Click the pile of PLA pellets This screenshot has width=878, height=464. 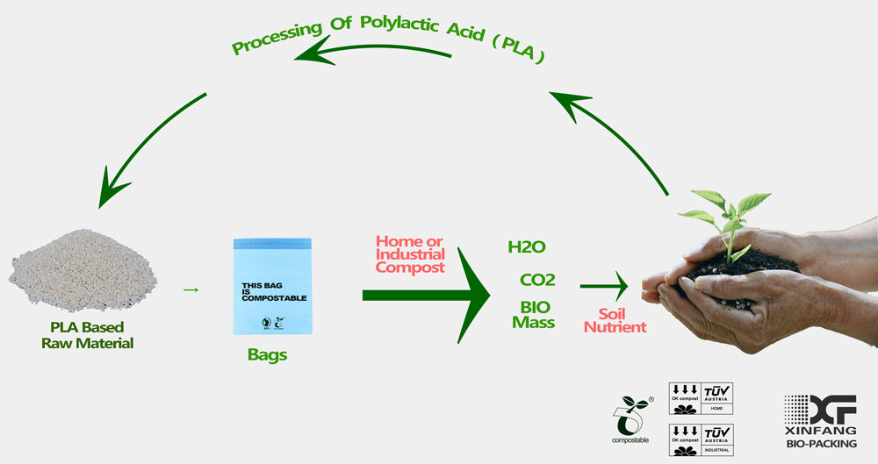coord(83,271)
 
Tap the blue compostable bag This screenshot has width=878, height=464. coord(273,287)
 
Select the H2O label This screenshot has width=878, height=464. coord(526,246)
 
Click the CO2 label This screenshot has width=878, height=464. coord(537,280)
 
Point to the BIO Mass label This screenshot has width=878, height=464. coord(534,315)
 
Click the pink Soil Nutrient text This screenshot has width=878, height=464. coord(615,320)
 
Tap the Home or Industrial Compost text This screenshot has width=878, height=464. coord(410,254)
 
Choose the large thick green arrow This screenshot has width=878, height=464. coord(427,295)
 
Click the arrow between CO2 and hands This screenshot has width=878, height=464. coord(604,286)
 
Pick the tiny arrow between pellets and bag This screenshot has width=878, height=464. coord(191,289)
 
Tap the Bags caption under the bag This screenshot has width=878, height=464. coord(267,355)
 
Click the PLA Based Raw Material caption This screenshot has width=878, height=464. coord(87,335)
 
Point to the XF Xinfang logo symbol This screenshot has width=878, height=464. coord(820,410)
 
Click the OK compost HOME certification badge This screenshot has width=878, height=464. coord(701,398)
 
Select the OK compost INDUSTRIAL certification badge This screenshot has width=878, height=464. coord(701,440)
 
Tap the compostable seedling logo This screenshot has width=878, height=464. coord(631,419)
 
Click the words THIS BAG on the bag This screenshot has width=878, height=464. coord(262,285)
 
